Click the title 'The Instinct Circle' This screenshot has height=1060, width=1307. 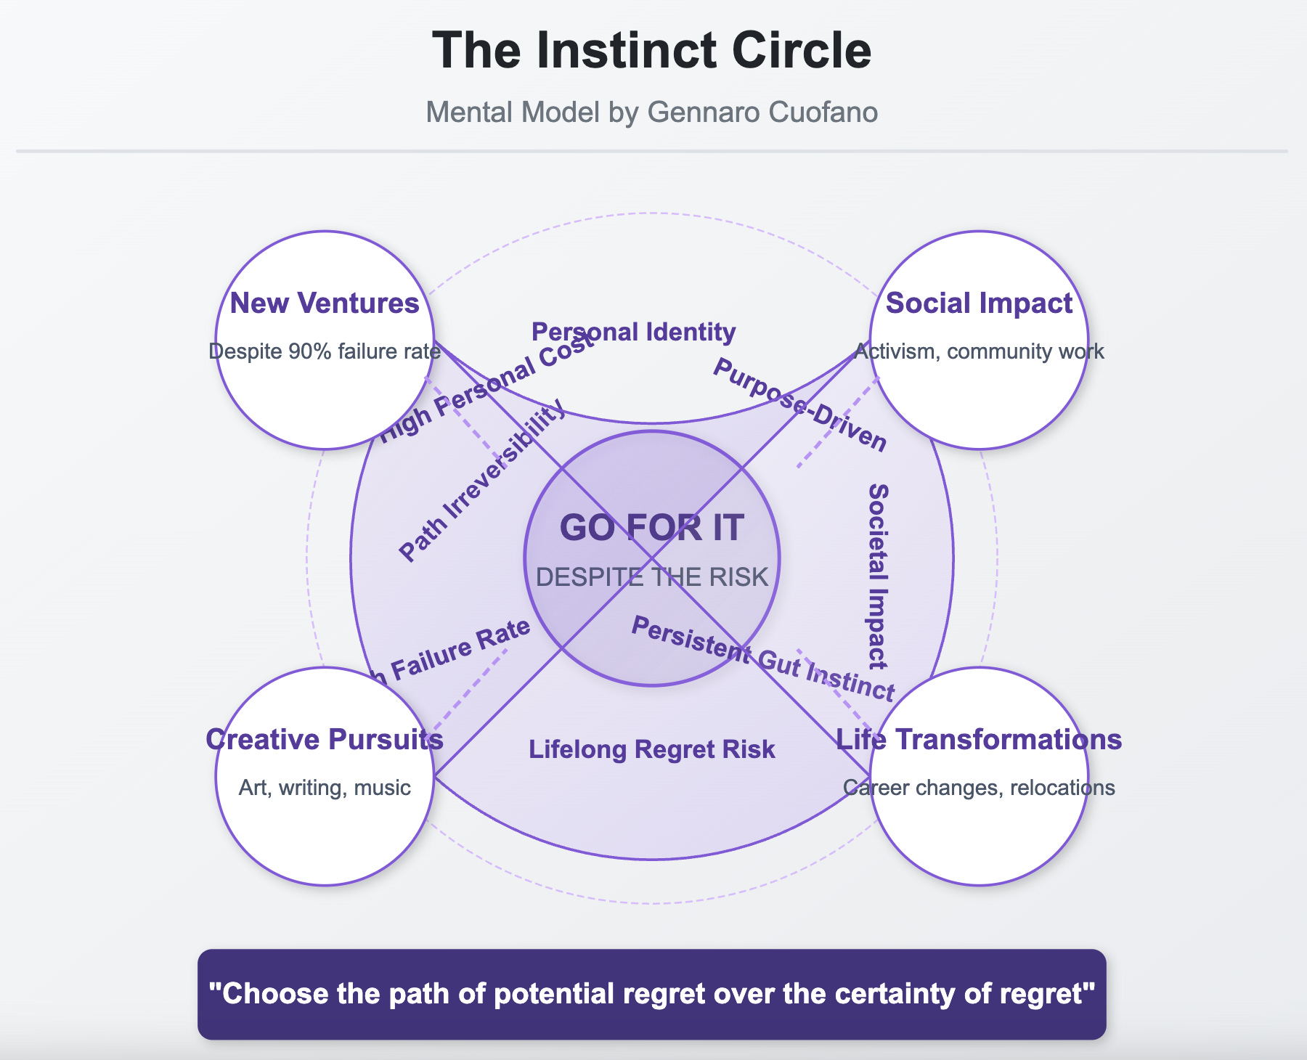click(651, 50)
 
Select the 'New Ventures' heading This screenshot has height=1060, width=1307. click(325, 303)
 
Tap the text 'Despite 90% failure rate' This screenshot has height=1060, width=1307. click(325, 351)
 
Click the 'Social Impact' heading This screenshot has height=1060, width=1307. click(979, 303)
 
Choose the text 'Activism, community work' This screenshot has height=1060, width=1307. click(979, 351)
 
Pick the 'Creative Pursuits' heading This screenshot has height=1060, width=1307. click(325, 739)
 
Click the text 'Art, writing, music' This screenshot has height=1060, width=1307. click(325, 788)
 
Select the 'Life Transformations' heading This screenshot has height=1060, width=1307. click(979, 739)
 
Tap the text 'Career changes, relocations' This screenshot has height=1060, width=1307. click(979, 788)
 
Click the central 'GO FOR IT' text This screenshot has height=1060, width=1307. click(651, 528)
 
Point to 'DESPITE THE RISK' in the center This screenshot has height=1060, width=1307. click(651, 577)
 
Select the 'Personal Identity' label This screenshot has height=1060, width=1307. click(634, 332)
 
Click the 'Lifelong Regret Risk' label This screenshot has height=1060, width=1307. click(651, 749)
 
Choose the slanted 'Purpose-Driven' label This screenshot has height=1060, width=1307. click(799, 405)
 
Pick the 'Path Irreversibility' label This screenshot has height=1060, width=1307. click(482, 480)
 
